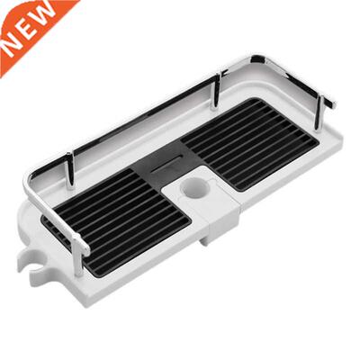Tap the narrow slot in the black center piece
pos(166,166)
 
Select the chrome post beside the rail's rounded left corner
pos(69,171)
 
